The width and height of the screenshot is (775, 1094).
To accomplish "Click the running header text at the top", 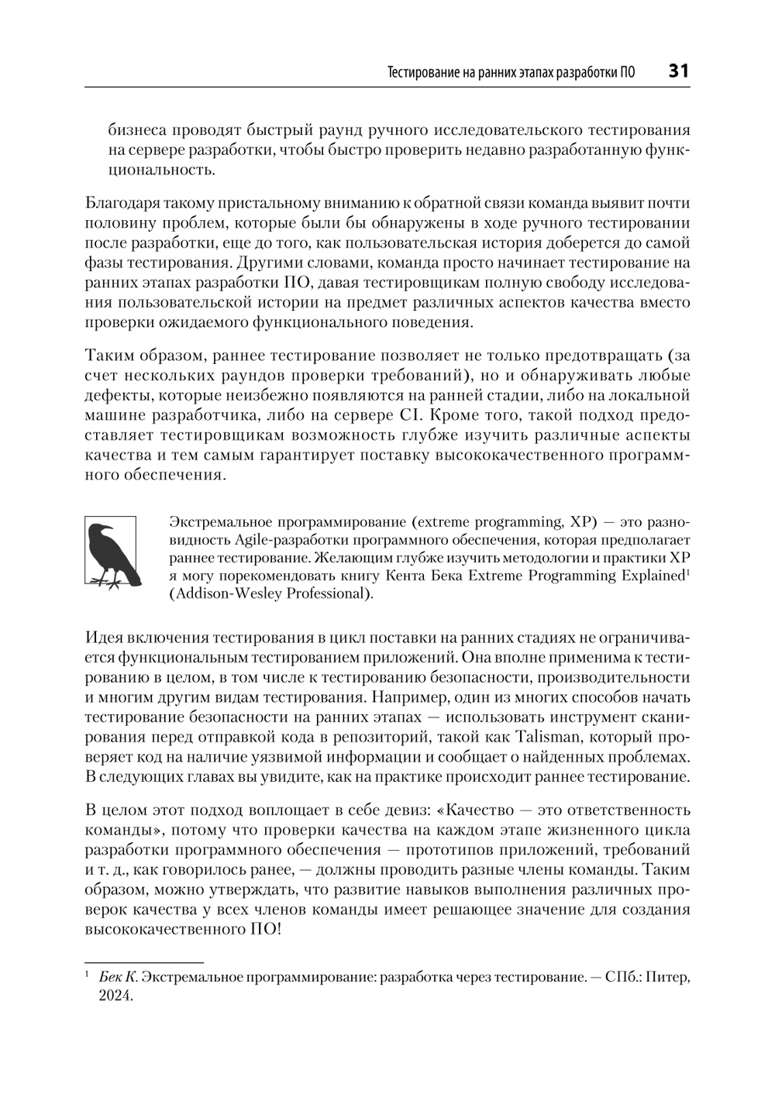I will point(511,73).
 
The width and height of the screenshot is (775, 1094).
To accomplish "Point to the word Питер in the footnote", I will point(668,977).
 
